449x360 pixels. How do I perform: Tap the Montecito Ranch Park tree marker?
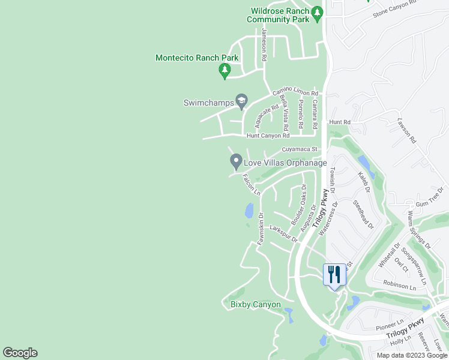point(224,71)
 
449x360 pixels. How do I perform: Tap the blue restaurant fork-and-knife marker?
point(333,275)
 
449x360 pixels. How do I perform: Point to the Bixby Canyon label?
point(255,304)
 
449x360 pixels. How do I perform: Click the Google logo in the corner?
point(20,353)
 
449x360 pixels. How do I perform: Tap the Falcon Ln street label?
point(252,184)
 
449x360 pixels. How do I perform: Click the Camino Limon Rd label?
point(295,92)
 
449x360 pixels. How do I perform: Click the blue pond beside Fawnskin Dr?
point(249,211)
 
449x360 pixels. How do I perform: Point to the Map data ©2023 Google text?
point(411,355)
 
